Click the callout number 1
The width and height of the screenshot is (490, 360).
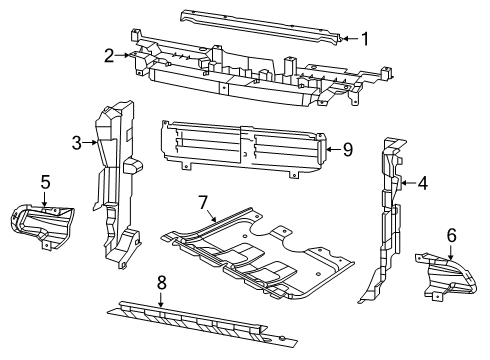click(364, 40)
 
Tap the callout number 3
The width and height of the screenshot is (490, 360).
click(76, 143)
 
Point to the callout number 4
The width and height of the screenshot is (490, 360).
click(424, 183)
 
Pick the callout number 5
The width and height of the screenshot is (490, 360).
click(45, 182)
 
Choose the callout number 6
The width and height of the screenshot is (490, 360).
click(450, 236)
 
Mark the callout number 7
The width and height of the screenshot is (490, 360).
click(204, 203)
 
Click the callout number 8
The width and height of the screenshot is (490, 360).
click(161, 283)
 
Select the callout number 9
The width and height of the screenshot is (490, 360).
click(348, 150)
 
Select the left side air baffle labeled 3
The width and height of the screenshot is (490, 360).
click(118, 180)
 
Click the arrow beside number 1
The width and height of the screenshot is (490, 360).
click(348, 39)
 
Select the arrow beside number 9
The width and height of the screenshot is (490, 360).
click(332, 150)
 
